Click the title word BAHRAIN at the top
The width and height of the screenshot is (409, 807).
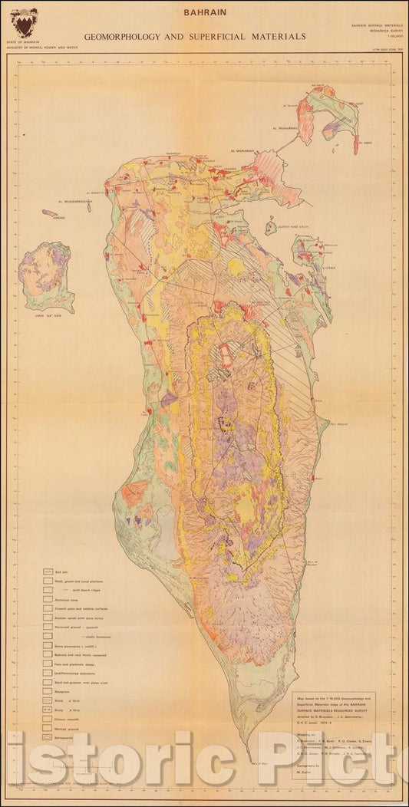point(203,13)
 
